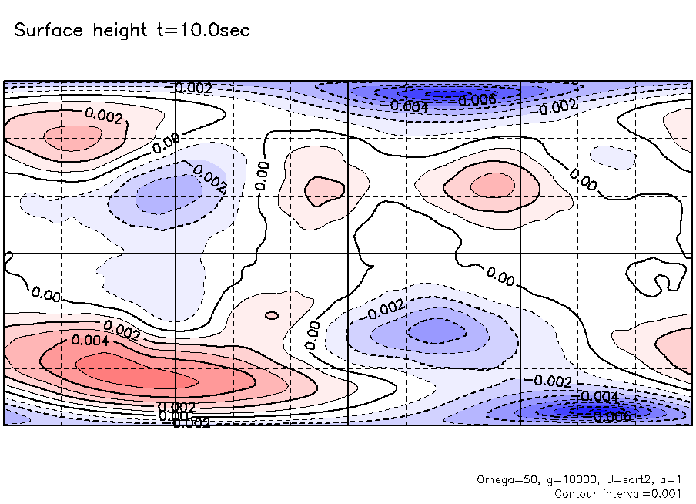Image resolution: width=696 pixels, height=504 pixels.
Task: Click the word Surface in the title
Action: (45, 32)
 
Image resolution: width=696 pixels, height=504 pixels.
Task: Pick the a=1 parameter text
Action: (671, 479)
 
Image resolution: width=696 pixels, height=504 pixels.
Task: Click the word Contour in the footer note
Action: (577, 493)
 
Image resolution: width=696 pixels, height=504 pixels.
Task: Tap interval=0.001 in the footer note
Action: (649, 493)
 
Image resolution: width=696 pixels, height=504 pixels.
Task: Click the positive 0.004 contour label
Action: (85, 339)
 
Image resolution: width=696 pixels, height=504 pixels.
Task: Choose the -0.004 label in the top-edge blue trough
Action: (408, 106)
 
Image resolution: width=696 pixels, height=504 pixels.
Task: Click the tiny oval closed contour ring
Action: (271, 314)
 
